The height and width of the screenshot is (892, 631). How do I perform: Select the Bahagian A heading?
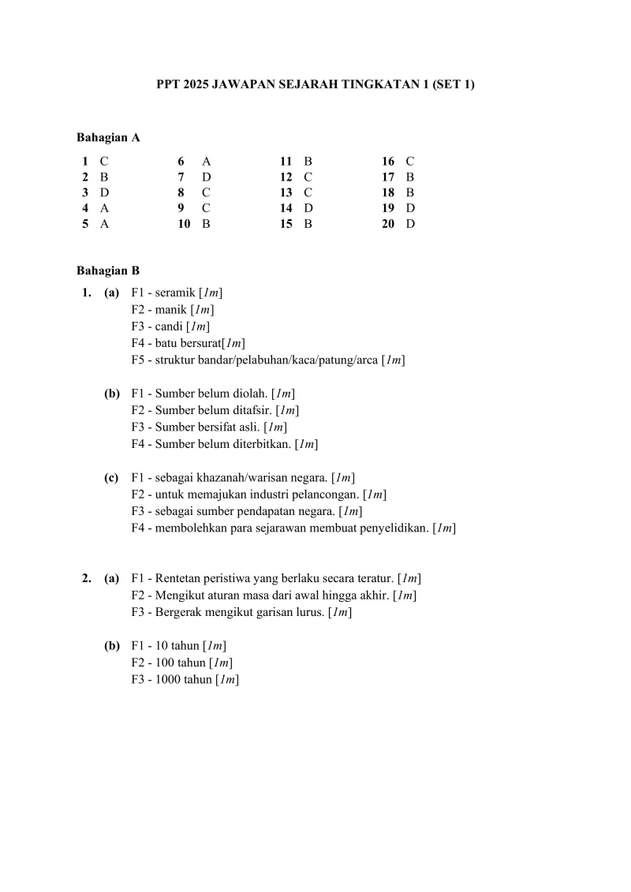point(108,137)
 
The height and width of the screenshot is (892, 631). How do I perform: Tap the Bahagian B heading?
point(108,271)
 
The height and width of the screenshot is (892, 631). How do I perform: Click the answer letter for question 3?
point(104,192)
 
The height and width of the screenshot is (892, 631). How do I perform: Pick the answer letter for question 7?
point(207,177)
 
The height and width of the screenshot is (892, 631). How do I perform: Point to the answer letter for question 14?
point(308,208)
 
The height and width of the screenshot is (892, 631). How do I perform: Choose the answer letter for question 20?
point(410,224)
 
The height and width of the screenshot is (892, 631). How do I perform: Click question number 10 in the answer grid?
point(184,224)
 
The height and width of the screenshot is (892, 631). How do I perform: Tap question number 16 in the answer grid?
point(388,161)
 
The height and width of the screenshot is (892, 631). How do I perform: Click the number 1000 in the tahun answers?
point(168,679)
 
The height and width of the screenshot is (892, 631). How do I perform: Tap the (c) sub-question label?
point(112,477)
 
